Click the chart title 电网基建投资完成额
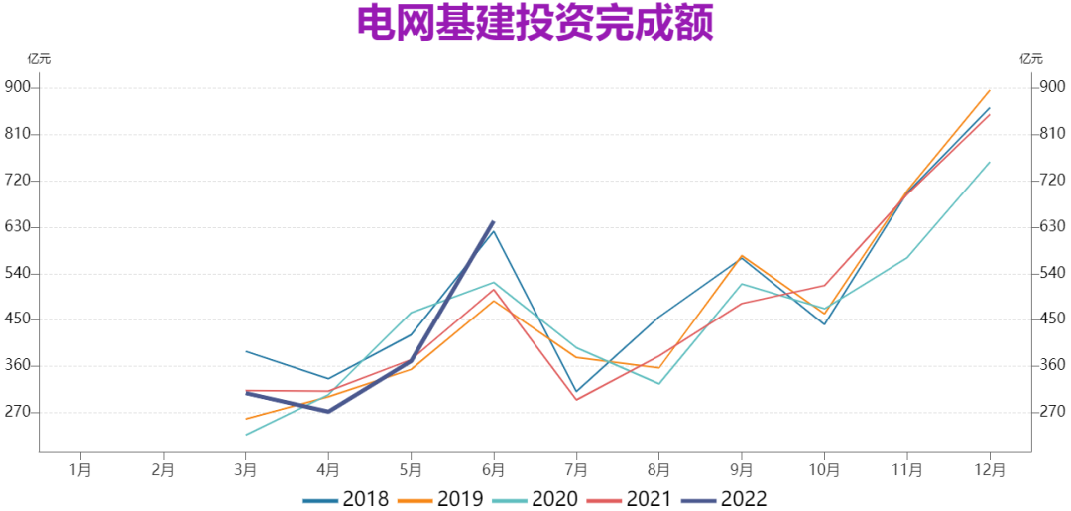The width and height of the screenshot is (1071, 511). (x=535, y=24)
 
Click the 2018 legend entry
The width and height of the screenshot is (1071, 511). (x=346, y=498)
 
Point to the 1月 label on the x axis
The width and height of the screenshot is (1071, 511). (x=81, y=468)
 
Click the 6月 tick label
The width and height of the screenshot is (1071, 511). (x=494, y=468)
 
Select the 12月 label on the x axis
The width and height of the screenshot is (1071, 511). (x=989, y=468)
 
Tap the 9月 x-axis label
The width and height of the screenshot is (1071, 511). (x=742, y=468)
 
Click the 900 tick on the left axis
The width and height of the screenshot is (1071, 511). (x=19, y=87)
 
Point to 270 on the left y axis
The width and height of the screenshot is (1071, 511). (x=19, y=412)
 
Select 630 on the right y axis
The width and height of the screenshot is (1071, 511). (x=1051, y=226)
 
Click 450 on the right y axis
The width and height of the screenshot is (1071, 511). (x=1051, y=319)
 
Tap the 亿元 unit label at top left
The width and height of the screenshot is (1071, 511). (x=39, y=58)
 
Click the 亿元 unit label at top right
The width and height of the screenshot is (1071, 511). (x=1031, y=58)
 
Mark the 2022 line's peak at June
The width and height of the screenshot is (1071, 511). (x=494, y=221)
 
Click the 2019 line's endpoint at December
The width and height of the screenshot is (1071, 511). (x=990, y=91)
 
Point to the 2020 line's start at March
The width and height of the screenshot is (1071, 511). (x=246, y=435)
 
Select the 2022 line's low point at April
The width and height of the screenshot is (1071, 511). (x=328, y=411)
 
